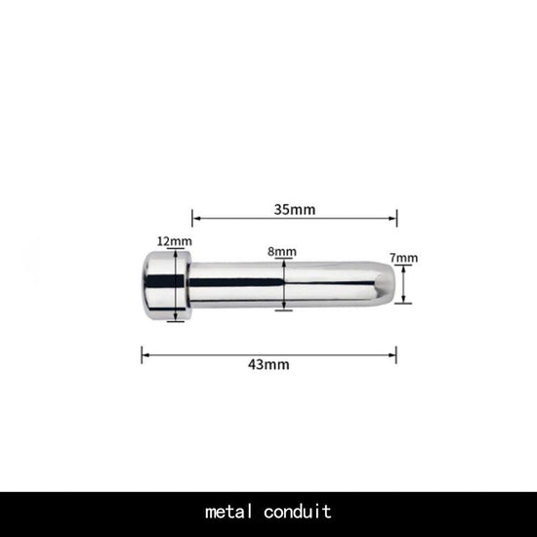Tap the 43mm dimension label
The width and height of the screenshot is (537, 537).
268,364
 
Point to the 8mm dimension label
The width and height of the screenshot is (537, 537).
282,251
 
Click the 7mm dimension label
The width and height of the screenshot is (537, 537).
404,258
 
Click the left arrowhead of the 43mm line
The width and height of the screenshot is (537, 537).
145,352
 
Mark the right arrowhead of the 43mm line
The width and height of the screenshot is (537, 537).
394,352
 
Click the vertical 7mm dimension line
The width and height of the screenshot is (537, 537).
406,284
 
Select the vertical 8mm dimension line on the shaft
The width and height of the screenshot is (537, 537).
283,284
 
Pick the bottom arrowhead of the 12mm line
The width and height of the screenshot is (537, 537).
175,317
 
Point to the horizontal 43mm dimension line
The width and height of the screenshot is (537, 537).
225,352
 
